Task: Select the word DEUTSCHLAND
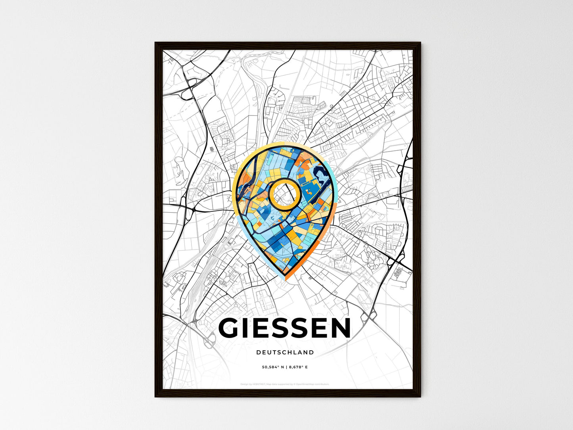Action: point(285,352)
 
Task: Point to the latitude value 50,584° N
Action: point(272,367)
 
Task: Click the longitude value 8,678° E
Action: point(298,367)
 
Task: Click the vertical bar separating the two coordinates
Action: point(286,367)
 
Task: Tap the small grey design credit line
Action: point(285,384)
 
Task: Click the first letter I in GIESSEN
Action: point(248,328)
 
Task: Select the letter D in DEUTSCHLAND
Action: point(259,352)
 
